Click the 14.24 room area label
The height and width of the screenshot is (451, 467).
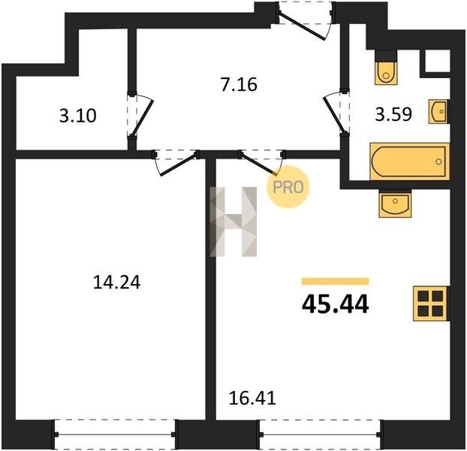116,283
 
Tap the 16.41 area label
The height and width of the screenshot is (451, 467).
252,398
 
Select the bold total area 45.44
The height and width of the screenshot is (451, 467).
336,304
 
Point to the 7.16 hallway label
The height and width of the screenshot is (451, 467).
239,84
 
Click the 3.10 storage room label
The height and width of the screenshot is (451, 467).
78,116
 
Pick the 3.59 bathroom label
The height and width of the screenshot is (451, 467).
393,114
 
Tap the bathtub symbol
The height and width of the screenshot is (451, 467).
409,162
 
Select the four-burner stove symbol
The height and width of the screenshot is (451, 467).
431,304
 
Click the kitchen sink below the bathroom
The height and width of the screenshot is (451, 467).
395,204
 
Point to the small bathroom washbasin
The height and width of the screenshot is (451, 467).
438,111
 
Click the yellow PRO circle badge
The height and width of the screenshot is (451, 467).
288,187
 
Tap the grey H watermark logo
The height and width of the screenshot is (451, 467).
234,222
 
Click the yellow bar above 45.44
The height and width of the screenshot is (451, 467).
336,281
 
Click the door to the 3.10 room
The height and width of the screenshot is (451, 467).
142,118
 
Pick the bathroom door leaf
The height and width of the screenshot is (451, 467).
333,114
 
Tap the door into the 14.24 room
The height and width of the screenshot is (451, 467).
178,165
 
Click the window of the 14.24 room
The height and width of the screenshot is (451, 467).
115,434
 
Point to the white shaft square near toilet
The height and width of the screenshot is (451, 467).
438,61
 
